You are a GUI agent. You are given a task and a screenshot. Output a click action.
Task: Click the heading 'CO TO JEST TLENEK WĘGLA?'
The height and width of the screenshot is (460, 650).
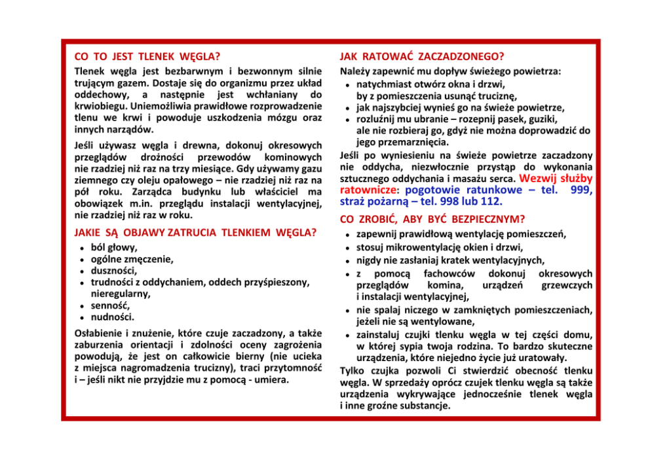(x=147, y=56)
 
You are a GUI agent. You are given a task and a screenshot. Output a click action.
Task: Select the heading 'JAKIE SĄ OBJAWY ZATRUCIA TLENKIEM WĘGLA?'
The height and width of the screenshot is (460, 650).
(x=195, y=232)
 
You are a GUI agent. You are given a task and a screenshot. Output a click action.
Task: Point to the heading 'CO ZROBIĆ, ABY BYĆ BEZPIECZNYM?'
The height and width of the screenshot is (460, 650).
(x=432, y=219)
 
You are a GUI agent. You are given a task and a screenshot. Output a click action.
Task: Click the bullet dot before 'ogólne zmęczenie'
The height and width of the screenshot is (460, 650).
(x=80, y=259)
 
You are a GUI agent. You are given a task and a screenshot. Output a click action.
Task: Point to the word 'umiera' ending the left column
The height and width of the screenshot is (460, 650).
(x=272, y=379)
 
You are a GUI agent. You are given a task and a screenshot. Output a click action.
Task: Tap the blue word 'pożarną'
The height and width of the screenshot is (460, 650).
(x=387, y=202)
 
